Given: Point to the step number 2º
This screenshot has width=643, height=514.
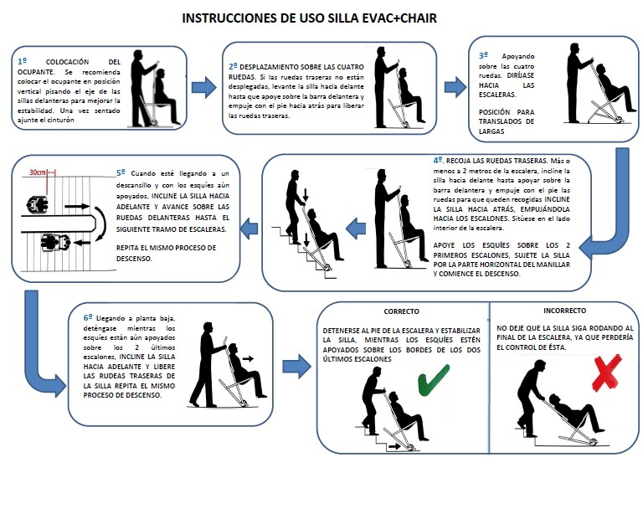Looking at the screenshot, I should [x=233, y=65].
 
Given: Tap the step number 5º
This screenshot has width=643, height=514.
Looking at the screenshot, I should [x=122, y=172].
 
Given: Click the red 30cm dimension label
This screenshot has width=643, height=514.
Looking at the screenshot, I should [x=37, y=172].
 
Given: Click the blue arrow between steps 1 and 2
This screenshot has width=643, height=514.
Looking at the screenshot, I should [x=204, y=86].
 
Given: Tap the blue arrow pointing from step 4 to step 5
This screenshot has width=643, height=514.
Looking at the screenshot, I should [x=249, y=224].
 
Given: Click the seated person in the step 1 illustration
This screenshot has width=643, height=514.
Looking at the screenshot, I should [x=162, y=90].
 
